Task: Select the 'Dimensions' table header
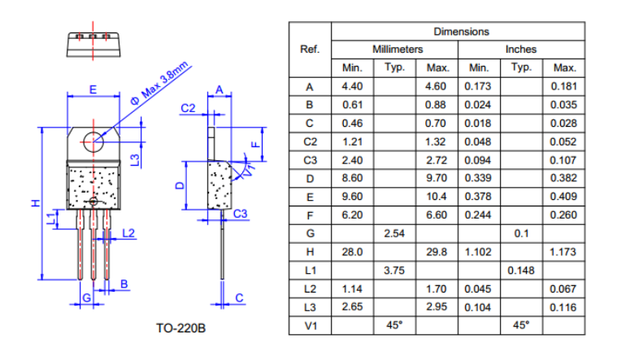pos(461,32)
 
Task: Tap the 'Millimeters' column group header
pos(397,50)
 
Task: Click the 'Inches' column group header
pos(521,50)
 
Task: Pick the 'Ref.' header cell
pos(310,50)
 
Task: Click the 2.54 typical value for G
pos(394,233)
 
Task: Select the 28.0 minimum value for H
pos(352,252)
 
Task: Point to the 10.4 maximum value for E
pos(437,197)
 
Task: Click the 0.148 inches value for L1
pos(521,270)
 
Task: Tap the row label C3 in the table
pos(310,160)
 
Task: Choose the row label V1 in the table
pos(310,325)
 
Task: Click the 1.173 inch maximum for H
pos(563,252)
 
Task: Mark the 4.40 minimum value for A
pos(352,86)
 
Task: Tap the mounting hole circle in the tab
pos(93,139)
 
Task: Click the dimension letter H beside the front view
pos(35,203)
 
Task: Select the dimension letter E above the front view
pos(93,88)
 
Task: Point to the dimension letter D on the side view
pos(180,186)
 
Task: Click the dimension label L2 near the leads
pos(128,233)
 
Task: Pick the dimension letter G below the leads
pos(85,298)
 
